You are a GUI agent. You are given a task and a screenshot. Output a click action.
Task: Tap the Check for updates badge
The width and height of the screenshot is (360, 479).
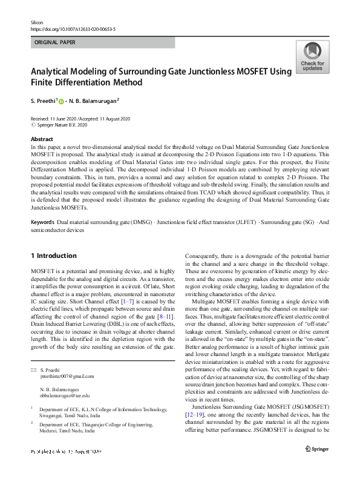click(312, 58)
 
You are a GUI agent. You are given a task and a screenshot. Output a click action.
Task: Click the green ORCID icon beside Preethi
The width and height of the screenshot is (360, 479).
click(68, 102)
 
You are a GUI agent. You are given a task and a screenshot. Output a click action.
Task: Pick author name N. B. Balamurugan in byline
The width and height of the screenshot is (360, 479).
click(96, 101)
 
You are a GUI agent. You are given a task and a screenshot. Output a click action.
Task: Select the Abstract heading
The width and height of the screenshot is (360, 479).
click(42, 139)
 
